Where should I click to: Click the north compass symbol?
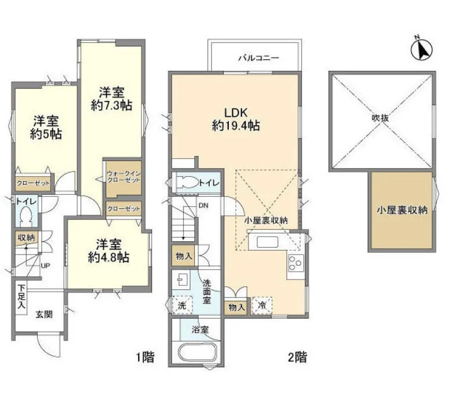point(421,49)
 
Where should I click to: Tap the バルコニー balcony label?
point(258,58)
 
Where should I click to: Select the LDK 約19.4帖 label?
point(236,119)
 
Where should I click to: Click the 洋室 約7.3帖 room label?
point(112,99)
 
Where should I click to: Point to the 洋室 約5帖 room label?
point(46,128)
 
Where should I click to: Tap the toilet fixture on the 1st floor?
point(27,217)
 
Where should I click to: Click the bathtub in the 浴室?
point(198,353)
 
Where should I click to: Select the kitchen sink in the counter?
point(268,242)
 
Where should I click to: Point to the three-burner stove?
point(296,262)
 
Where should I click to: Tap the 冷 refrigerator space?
point(262,305)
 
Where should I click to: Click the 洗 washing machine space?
point(182,305)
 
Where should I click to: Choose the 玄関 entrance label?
point(44,315)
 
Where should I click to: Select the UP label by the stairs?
point(45,266)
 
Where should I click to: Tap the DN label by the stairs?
point(203,206)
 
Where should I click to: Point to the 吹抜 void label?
point(380,118)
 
